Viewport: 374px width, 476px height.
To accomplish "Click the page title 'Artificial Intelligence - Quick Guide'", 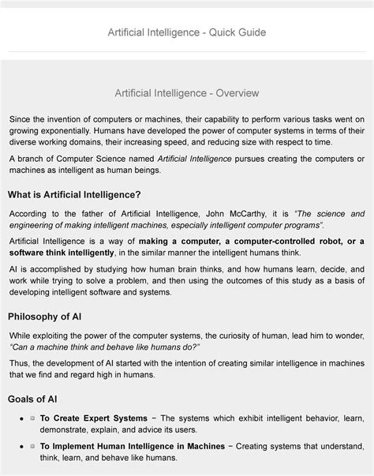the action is coord(187,32).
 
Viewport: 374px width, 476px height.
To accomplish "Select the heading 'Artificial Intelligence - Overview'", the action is coord(187,93).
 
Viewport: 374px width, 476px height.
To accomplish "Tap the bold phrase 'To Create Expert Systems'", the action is coord(94,418).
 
